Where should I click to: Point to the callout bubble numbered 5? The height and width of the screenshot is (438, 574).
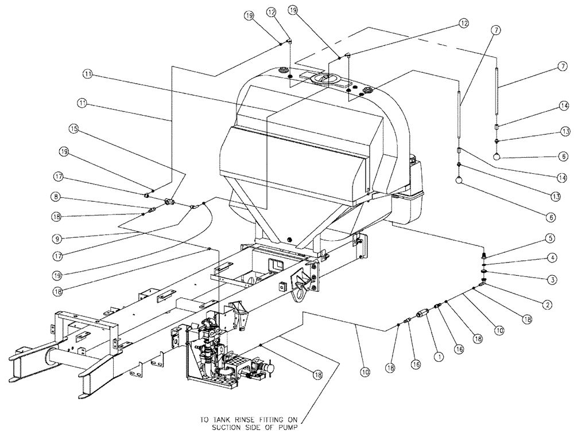coord(549,237)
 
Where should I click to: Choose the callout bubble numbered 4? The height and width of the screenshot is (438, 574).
coord(549,259)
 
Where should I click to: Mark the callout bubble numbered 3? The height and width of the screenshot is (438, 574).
coord(549,279)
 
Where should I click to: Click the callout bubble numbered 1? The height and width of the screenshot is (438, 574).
coord(439,355)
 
